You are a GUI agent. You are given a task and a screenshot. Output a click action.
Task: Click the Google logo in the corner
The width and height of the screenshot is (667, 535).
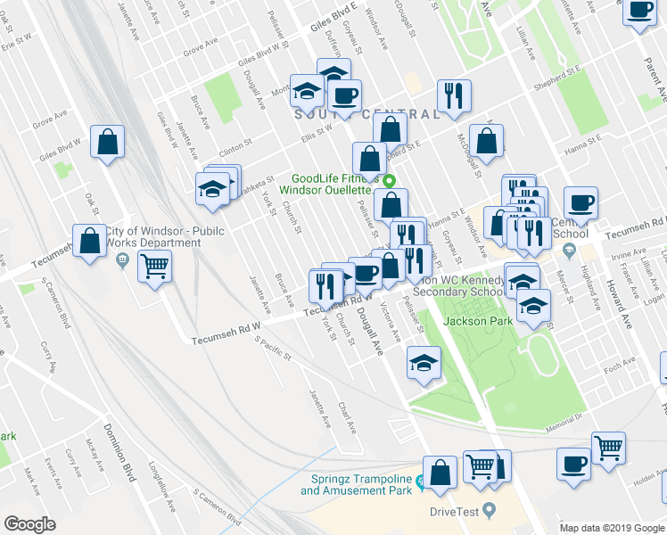(30, 524)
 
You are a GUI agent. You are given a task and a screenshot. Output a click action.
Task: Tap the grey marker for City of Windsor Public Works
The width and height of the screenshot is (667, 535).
(122, 260)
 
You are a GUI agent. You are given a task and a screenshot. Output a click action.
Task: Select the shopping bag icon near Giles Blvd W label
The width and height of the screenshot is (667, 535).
(107, 142)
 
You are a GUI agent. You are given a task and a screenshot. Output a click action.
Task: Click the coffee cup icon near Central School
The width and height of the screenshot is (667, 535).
(580, 202)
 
